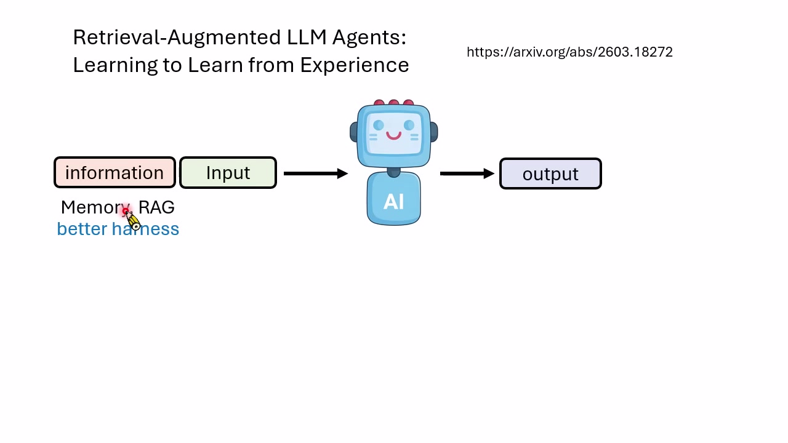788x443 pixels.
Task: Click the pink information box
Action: point(115,173)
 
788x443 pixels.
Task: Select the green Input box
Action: point(228,173)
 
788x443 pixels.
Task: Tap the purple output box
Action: point(550,174)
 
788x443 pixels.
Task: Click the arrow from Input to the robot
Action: point(316,174)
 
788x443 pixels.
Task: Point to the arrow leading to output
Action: point(467,174)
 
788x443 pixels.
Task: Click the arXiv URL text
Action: point(569,52)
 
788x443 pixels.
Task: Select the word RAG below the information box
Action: point(156,207)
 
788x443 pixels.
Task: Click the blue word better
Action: point(82,229)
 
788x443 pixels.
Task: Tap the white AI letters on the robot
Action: point(393,202)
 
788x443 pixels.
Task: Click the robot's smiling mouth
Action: point(393,135)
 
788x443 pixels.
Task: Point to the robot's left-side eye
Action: point(379,125)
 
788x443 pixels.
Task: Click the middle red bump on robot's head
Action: point(393,102)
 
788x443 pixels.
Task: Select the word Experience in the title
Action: point(354,65)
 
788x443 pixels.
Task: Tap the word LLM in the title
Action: point(307,38)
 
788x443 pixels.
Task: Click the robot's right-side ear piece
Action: point(434,132)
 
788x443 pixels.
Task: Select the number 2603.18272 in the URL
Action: point(635,52)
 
